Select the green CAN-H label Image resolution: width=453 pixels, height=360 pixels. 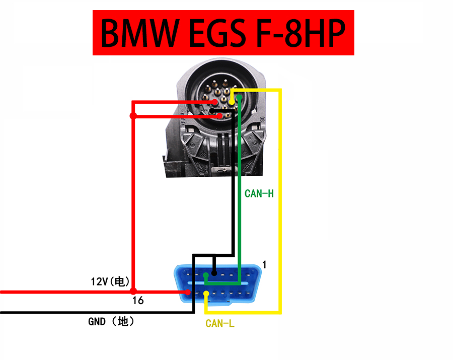click(x=259, y=193)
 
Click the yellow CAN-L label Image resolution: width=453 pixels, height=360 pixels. click(x=220, y=324)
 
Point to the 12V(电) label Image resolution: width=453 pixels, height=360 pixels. click(x=110, y=281)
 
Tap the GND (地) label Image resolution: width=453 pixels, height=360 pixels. click(x=111, y=321)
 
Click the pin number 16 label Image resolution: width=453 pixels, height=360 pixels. click(x=138, y=301)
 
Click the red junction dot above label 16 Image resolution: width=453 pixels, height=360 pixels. click(x=133, y=291)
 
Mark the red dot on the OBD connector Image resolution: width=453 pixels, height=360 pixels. click(x=188, y=292)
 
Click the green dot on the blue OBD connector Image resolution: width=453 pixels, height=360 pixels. click(x=206, y=276)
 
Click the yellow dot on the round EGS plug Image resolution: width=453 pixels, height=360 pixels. click(x=232, y=102)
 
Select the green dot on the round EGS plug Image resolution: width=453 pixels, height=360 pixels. click(x=239, y=98)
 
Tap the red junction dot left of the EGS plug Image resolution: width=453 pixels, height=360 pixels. click(x=133, y=116)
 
